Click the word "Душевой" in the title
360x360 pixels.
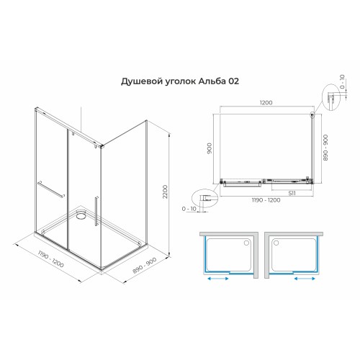136,81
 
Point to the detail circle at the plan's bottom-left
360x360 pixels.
204,196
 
